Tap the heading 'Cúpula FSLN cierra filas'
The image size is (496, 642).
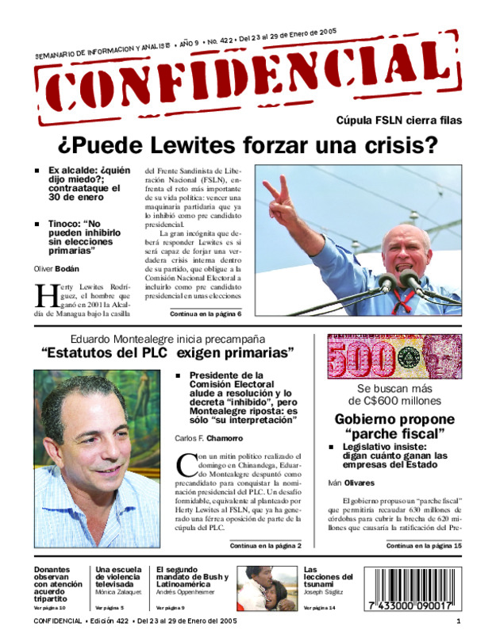click(x=398, y=121)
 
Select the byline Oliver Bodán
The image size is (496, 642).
click(x=56, y=269)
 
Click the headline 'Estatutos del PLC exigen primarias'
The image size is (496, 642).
click(x=168, y=352)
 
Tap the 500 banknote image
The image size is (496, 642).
click(x=394, y=357)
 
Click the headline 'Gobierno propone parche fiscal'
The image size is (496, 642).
click(x=394, y=426)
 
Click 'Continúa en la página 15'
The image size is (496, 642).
click(x=423, y=546)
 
